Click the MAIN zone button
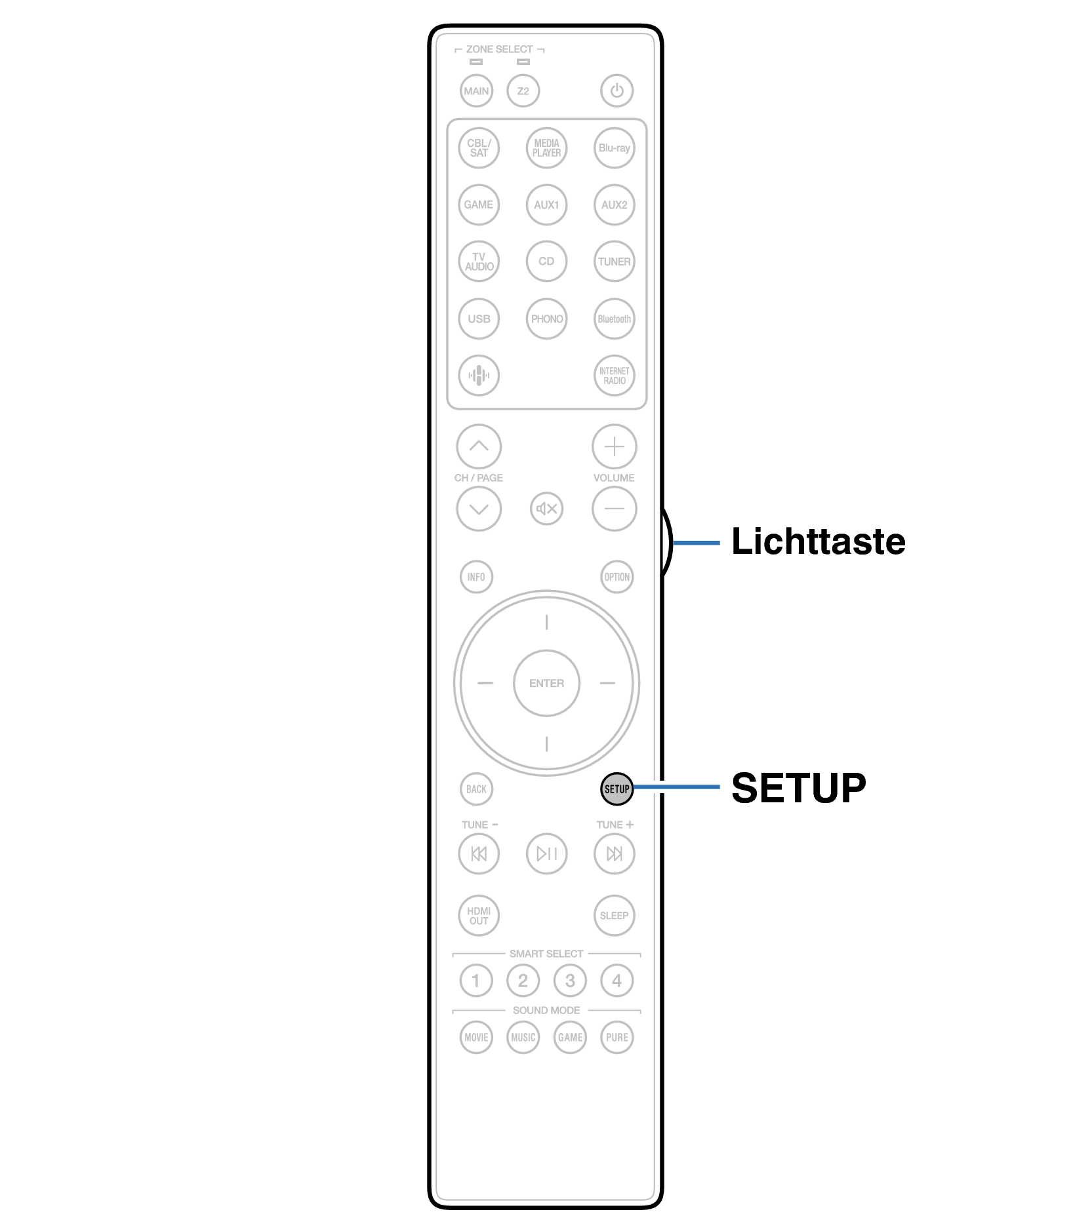point(476,91)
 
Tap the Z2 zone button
point(523,91)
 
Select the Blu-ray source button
point(614,148)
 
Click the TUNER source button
point(614,262)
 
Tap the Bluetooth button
point(614,319)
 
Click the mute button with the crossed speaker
point(546,509)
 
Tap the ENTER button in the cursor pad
point(546,683)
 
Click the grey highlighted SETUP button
point(617,789)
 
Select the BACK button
point(476,789)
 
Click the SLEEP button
point(614,916)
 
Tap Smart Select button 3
point(570,981)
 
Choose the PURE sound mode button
point(617,1038)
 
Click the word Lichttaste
point(818,541)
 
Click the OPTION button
point(617,577)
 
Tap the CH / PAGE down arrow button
point(479,509)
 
